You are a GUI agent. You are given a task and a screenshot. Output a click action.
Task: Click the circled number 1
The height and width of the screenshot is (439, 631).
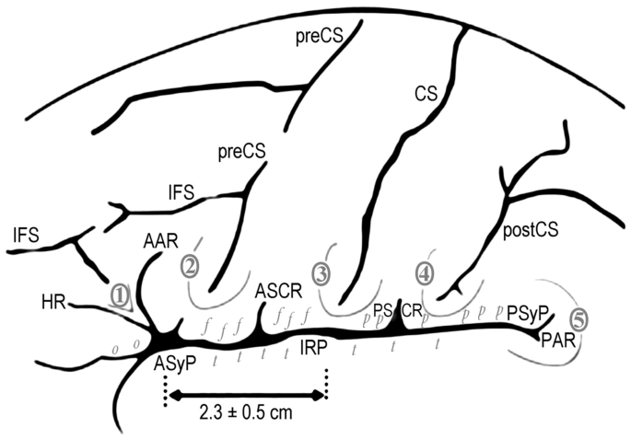[x=120, y=294]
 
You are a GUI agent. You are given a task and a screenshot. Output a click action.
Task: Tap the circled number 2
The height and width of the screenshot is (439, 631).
[x=190, y=266]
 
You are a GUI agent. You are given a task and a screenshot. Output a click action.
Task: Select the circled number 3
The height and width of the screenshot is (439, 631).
[x=321, y=273]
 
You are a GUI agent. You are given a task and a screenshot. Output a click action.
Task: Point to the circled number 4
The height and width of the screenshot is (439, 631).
[x=424, y=273]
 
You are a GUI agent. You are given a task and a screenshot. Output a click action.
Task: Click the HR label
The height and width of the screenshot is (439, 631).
[x=53, y=301]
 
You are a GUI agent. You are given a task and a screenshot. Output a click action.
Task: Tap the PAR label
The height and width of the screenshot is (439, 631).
[x=558, y=341]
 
